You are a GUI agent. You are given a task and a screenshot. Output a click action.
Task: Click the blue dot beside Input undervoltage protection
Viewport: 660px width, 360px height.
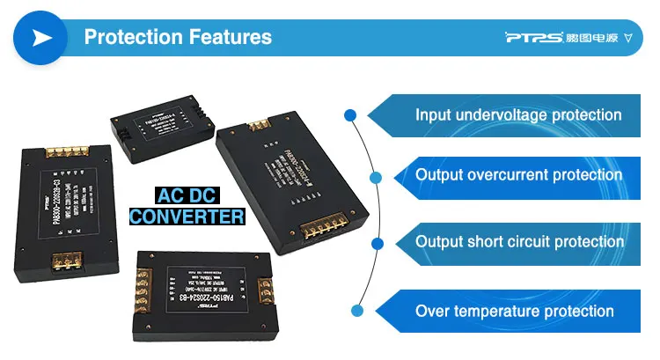pos(350,114)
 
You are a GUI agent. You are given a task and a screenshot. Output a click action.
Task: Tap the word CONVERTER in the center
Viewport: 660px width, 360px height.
pos(187,216)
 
